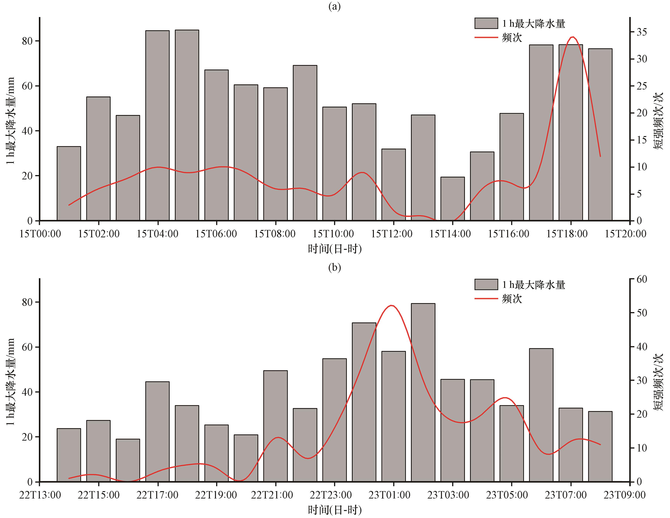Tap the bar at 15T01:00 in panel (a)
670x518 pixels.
click(x=69, y=184)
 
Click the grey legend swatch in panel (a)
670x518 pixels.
click(x=486, y=23)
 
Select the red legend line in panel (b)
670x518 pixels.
click(x=486, y=298)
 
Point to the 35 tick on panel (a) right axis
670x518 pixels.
click(x=642, y=32)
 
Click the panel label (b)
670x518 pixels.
click(x=334, y=267)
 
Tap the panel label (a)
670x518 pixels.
click(x=334, y=6)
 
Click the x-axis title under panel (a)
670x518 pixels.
click(x=335, y=249)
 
